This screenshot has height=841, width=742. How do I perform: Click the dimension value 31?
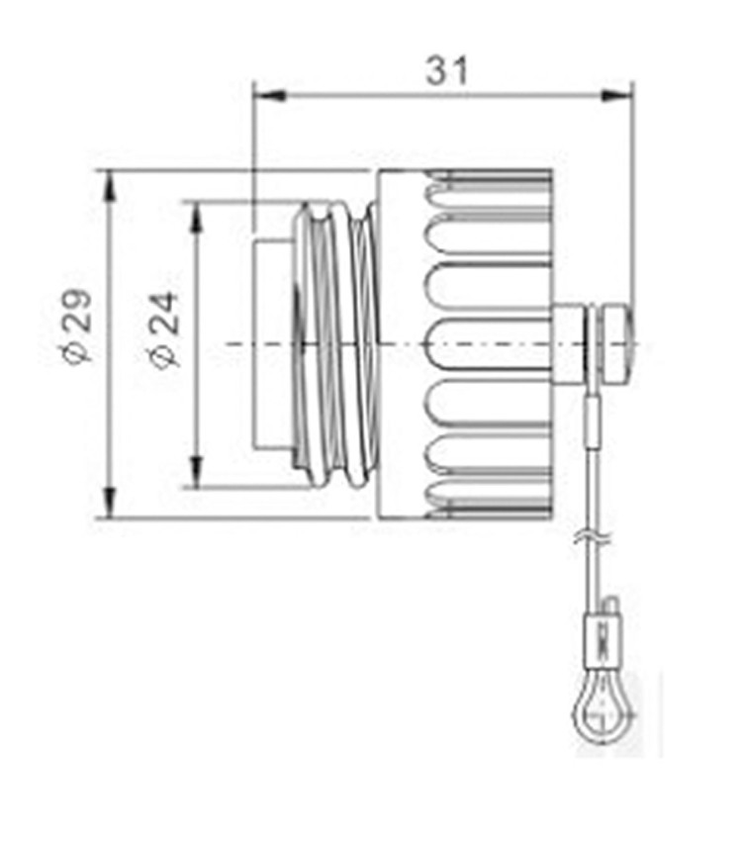pos(447,71)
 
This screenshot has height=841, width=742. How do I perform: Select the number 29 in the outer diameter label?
pos(77,313)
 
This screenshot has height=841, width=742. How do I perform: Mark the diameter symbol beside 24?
pos(165,354)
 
